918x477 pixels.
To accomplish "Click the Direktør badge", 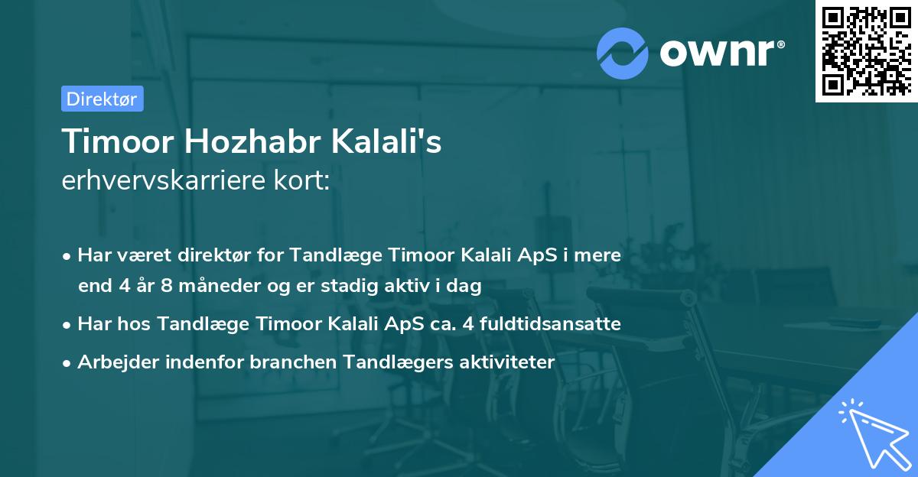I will pos(102,99).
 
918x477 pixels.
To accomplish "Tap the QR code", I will pos(866,50).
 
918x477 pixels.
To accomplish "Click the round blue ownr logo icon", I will pos(623,52).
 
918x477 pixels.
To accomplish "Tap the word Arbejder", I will pos(115,362).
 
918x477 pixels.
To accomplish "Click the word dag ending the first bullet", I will pos(467,287).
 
